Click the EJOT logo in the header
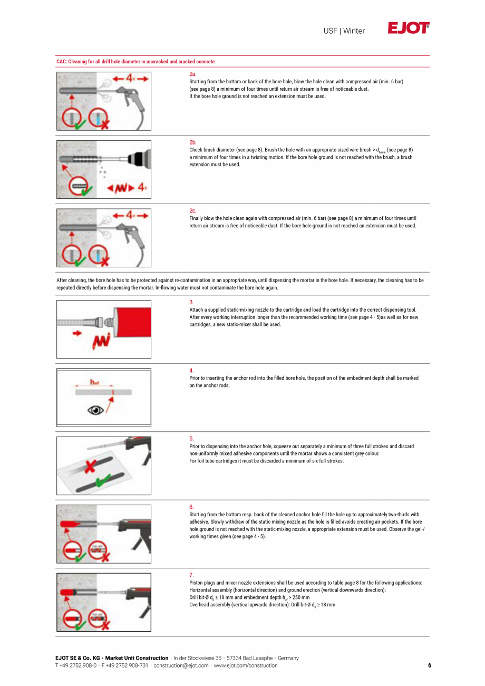click(x=409, y=28)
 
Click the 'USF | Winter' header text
click(x=344, y=31)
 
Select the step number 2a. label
click(x=192, y=75)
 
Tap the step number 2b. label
click(x=192, y=143)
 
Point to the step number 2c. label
click(x=192, y=211)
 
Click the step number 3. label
click(x=191, y=303)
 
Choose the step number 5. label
click(x=191, y=439)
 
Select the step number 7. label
click(x=191, y=575)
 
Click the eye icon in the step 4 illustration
click(x=95, y=410)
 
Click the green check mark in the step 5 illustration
click(x=104, y=479)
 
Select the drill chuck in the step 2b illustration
click(x=139, y=157)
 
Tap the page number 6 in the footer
click(x=429, y=665)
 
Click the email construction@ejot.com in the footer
click(x=181, y=665)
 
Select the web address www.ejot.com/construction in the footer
click(x=245, y=665)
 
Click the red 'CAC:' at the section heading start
click(x=62, y=62)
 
